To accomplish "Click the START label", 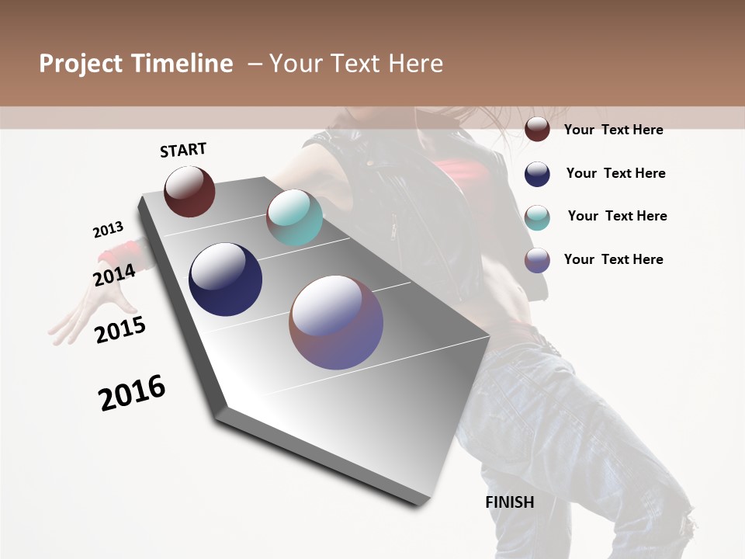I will coord(183,150).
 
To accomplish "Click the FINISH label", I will coord(510,502).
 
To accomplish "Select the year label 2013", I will coord(108,230).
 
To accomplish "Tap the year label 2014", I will coord(114,275).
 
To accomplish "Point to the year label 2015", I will coord(120,330).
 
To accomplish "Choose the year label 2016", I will coord(132,393).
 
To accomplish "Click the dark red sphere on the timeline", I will coord(189,191).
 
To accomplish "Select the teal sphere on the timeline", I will coord(294,217).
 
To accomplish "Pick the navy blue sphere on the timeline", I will coord(225,279).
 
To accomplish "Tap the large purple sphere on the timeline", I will coord(336,322).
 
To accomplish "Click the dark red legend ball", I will coord(537,129).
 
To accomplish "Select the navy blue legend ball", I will coord(537,174).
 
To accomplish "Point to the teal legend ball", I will coord(537,217).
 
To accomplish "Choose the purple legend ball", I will coord(537,260).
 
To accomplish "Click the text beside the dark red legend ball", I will coord(613,130).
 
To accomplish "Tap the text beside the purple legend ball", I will coord(613,259).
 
